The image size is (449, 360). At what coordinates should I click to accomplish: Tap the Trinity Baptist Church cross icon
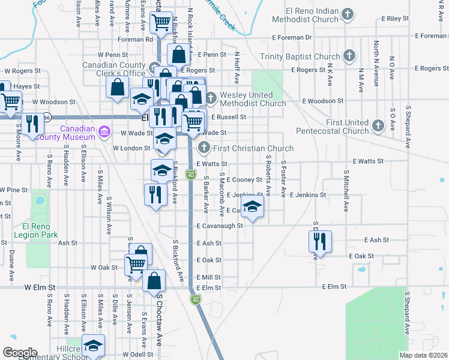pos(349,57)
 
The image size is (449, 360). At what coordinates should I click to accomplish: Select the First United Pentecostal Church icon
pos(377,126)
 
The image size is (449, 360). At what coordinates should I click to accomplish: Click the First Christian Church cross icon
pos(204,148)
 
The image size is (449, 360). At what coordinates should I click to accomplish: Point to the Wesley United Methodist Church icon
pos(210,98)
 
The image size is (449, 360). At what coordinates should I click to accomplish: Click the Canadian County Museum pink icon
pos(104,131)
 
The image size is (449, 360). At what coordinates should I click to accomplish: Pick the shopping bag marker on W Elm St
pos(154,280)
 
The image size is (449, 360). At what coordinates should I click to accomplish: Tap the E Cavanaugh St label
pos(219,226)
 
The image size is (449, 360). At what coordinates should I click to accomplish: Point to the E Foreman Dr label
pos(292,37)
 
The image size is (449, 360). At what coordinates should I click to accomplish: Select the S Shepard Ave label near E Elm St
pos(407,314)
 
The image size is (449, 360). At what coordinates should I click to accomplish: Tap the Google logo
pos(20,353)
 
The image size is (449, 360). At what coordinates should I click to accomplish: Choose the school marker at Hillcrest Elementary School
pos(93,345)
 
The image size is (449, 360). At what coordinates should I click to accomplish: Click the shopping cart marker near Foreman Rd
pos(161,22)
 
